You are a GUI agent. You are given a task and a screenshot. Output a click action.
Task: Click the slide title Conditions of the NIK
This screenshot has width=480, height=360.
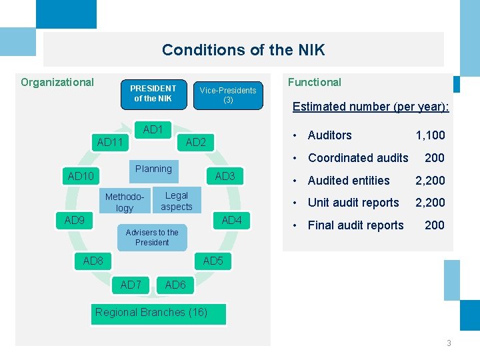[243, 50]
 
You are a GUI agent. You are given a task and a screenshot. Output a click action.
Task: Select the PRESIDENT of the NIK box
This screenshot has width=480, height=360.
[153, 93]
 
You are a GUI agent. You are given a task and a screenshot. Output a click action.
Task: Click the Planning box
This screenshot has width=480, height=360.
[153, 169]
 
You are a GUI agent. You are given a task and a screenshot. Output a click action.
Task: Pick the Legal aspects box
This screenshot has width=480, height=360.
[177, 201]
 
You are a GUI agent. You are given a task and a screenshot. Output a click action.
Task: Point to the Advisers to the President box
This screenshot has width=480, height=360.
[152, 237]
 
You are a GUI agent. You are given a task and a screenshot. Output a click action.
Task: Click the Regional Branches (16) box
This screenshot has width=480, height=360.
[151, 312]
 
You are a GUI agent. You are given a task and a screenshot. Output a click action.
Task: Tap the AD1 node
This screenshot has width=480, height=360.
[153, 129]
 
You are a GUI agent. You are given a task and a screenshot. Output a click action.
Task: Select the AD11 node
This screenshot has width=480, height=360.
[110, 142]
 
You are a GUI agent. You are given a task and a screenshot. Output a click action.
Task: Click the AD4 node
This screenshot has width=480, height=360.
[231, 220]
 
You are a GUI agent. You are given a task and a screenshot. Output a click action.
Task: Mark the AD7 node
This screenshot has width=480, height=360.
[131, 285]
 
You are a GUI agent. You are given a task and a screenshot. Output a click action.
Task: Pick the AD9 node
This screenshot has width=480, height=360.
[75, 220]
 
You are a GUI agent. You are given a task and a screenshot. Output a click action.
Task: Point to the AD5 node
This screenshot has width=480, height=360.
[213, 261]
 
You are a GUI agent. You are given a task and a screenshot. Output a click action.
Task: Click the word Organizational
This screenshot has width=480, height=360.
[57, 83]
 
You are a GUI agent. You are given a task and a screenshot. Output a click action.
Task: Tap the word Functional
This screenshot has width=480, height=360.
[314, 83]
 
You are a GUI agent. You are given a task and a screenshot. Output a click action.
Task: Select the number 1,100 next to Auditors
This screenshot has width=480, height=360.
[430, 135]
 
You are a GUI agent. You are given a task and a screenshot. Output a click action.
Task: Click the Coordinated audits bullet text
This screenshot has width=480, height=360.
[358, 158]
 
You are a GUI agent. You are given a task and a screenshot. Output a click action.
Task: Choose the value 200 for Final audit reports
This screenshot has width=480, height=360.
[435, 225]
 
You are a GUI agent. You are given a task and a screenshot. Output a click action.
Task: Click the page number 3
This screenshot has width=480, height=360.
[449, 343]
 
